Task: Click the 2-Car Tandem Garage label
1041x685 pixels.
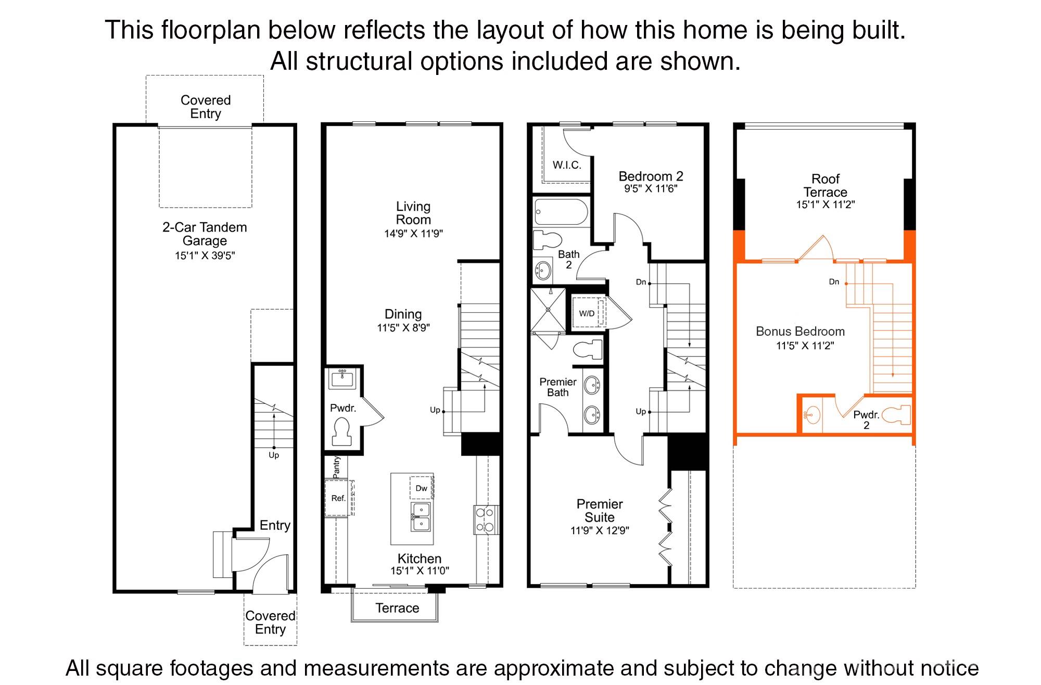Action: (x=205, y=234)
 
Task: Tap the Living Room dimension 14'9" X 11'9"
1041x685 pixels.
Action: (x=413, y=234)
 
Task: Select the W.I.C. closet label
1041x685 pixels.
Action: (x=567, y=165)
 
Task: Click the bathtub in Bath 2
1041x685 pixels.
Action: (x=561, y=212)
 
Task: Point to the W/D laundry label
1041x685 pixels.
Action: (x=587, y=313)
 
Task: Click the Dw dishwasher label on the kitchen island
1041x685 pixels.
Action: (x=421, y=488)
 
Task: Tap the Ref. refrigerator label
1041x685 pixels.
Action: (x=338, y=498)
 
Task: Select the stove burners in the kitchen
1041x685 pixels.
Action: (x=485, y=520)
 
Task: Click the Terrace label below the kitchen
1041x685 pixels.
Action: (x=397, y=608)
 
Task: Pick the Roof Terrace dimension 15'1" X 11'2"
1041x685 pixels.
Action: (x=825, y=205)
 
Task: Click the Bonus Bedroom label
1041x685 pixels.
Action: (x=800, y=332)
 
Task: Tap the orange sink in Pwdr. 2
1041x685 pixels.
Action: (x=811, y=415)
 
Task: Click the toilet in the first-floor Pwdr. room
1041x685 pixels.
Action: (x=342, y=432)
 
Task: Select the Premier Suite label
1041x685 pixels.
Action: (x=599, y=511)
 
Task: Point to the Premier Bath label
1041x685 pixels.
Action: (x=557, y=387)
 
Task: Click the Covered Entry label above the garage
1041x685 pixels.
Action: (x=206, y=107)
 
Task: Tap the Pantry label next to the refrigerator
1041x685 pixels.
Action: (x=336, y=467)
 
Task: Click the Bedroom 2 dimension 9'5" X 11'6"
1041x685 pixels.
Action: (x=651, y=189)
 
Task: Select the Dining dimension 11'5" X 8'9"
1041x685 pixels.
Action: (x=403, y=328)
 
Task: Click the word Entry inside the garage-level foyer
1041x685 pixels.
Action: (x=275, y=525)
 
